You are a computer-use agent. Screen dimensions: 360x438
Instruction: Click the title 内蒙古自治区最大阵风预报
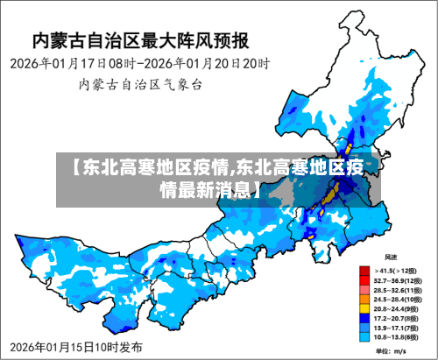tap(140, 39)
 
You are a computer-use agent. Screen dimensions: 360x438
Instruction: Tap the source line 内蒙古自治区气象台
tap(140, 85)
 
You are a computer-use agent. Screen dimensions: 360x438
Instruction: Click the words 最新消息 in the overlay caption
tap(217, 188)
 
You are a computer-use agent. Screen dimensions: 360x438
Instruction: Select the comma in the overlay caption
tap(232, 169)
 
